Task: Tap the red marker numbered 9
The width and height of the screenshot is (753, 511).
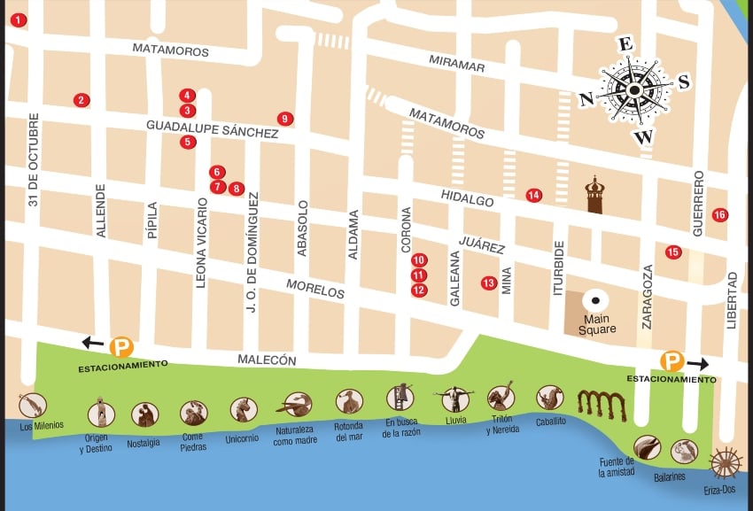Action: (284, 119)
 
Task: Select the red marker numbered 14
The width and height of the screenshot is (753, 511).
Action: (533, 196)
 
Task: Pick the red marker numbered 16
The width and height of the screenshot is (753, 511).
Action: (719, 215)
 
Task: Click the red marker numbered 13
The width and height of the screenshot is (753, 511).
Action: (488, 283)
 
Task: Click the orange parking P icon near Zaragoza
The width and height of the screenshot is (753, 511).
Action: (672, 361)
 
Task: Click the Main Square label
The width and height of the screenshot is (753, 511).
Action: (599, 324)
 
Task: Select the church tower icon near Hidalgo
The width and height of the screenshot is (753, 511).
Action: (594, 196)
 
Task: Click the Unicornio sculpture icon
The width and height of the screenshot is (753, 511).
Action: (244, 409)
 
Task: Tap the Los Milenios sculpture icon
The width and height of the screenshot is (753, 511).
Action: (32, 405)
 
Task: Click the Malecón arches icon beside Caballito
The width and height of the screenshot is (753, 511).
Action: (602, 403)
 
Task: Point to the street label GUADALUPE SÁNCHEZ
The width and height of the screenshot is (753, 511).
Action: (212, 128)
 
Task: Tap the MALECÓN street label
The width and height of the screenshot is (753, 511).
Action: (267, 360)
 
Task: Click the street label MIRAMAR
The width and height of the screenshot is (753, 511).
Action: (456, 66)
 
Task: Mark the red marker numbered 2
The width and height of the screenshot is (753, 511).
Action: (82, 101)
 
